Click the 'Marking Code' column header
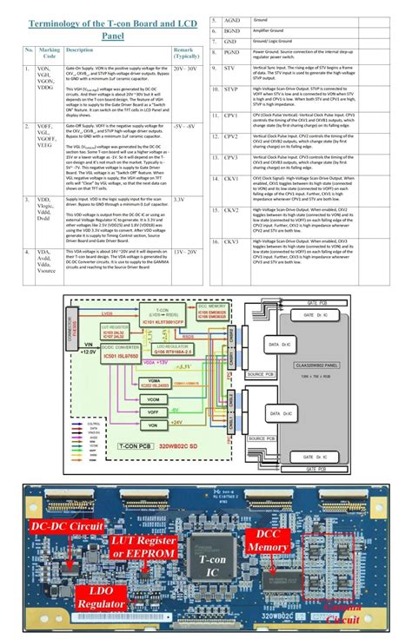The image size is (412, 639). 49,54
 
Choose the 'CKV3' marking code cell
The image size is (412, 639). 231,242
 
